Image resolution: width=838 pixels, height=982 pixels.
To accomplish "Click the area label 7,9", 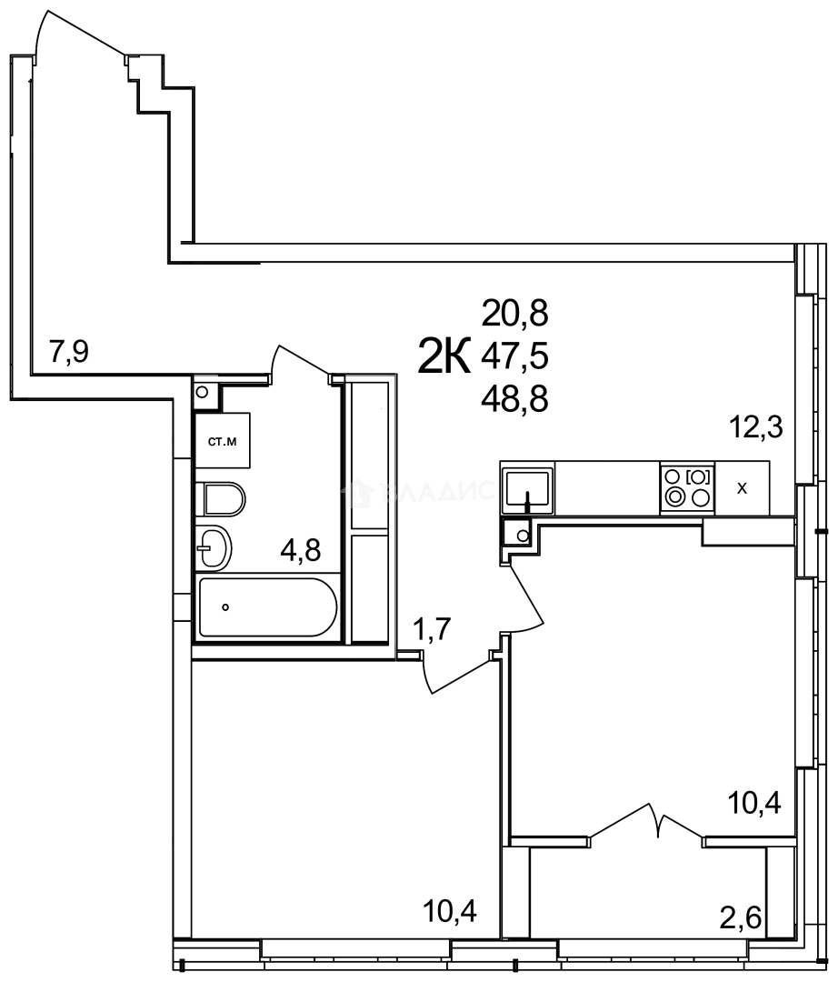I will [x=69, y=352].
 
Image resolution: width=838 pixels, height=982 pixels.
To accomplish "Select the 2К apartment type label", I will [x=444, y=356].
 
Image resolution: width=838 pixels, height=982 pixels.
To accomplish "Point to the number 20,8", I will [x=515, y=315].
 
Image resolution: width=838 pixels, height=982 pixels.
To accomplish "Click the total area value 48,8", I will [x=515, y=398].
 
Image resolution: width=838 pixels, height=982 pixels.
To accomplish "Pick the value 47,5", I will [x=515, y=356].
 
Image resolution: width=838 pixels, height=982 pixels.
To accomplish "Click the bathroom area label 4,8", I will [x=301, y=550].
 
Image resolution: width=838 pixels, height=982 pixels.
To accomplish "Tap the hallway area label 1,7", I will [x=434, y=628].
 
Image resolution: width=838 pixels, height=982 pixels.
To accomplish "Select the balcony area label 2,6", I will [x=740, y=915].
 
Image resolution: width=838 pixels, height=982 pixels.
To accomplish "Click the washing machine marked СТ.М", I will [x=223, y=443].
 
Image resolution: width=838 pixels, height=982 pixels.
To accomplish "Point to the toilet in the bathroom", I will [x=222, y=499].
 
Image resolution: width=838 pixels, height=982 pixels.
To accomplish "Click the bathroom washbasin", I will [x=216, y=547].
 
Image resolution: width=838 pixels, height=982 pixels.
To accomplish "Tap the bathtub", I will [x=267, y=606].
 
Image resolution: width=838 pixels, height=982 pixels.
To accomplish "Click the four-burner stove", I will [x=687, y=486].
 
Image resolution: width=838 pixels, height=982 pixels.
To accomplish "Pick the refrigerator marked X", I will [x=743, y=487].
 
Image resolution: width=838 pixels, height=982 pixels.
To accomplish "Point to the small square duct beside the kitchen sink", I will [x=520, y=535].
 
